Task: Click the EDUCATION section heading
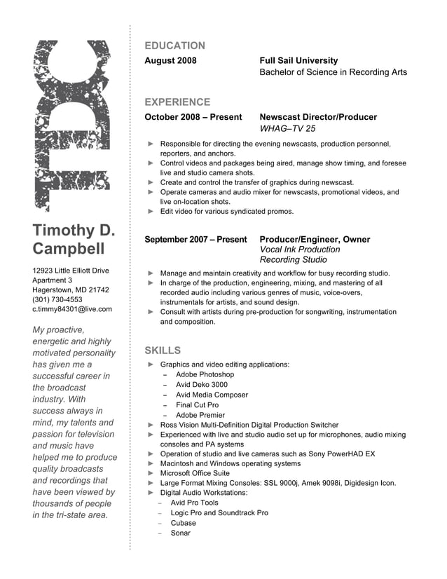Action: pyautogui.click(x=174, y=46)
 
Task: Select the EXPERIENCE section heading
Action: pyautogui.click(x=177, y=102)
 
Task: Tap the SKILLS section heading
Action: pyautogui.click(x=163, y=350)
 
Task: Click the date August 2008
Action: pyautogui.click(x=170, y=61)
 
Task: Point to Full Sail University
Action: pyautogui.click(x=298, y=61)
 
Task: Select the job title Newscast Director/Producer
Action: pyautogui.click(x=318, y=117)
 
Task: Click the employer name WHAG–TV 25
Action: pyautogui.click(x=287, y=129)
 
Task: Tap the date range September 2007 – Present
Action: pyautogui.click(x=195, y=240)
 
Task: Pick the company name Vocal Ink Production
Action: pyautogui.click(x=300, y=250)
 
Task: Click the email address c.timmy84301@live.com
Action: pyautogui.click(x=72, y=309)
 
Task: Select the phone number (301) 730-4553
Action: pyautogui.click(x=57, y=299)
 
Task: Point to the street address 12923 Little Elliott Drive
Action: pyautogui.click(x=71, y=271)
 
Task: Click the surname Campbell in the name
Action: pyautogui.click(x=69, y=250)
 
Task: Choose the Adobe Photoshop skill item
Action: pyautogui.click(x=205, y=375)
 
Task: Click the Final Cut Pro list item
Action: pyautogui.click(x=197, y=405)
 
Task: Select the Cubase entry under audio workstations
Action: pyautogui.click(x=184, y=523)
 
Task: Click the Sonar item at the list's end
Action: pyautogui.click(x=181, y=533)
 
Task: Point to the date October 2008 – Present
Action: pyautogui.click(x=193, y=117)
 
